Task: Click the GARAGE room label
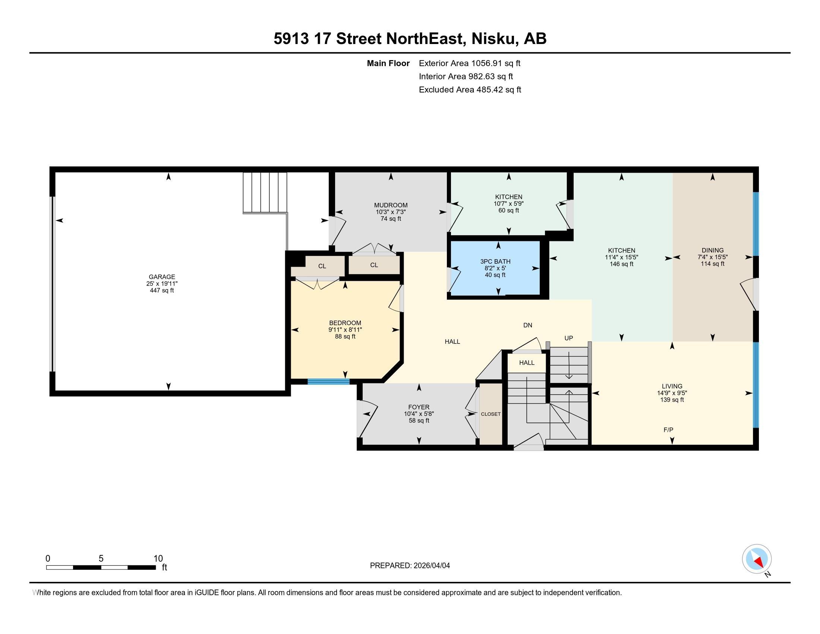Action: pyautogui.click(x=161, y=277)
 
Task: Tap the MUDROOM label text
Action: pyautogui.click(x=391, y=205)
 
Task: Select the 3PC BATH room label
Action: pyautogui.click(x=495, y=261)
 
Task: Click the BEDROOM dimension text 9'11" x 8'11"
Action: pyautogui.click(x=345, y=330)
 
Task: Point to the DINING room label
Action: pyautogui.click(x=712, y=250)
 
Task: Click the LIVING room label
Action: pyautogui.click(x=672, y=386)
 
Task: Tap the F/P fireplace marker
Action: pyautogui.click(x=668, y=430)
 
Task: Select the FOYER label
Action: pyautogui.click(x=419, y=407)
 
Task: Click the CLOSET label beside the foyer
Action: pyautogui.click(x=491, y=414)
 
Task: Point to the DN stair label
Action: pyautogui.click(x=527, y=325)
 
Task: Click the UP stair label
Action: pyautogui.click(x=568, y=338)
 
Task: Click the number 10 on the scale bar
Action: pyautogui.click(x=158, y=559)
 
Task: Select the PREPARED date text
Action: pyautogui.click(x=410, y=566)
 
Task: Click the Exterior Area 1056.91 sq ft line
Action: pyautogui.click(x=469, y=63)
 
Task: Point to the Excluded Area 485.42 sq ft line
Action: pyautogui.click(x=470, y=90)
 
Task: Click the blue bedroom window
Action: pyautogui.click(x=328, y=382)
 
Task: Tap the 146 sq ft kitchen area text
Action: pyautogui.click(x=621, y=264)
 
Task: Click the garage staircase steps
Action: pyautogui.click(x=265, y=192)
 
